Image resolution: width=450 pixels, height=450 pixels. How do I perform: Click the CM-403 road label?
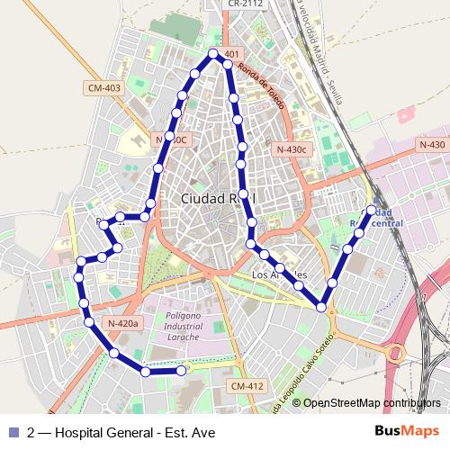click(104, 87)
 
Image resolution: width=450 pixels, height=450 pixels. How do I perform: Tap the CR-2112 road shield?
click(245, 4)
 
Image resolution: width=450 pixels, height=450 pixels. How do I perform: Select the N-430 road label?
click(432, 145)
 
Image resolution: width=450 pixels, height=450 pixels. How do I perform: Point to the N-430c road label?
click(292, 148)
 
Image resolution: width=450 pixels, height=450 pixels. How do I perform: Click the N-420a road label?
click(122, 324)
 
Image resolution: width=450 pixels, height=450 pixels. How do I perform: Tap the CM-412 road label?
click(247, 386)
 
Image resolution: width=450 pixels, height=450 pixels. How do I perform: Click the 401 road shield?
click(231, 54)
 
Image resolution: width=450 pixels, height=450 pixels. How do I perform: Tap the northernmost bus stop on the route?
click(213, 54)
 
